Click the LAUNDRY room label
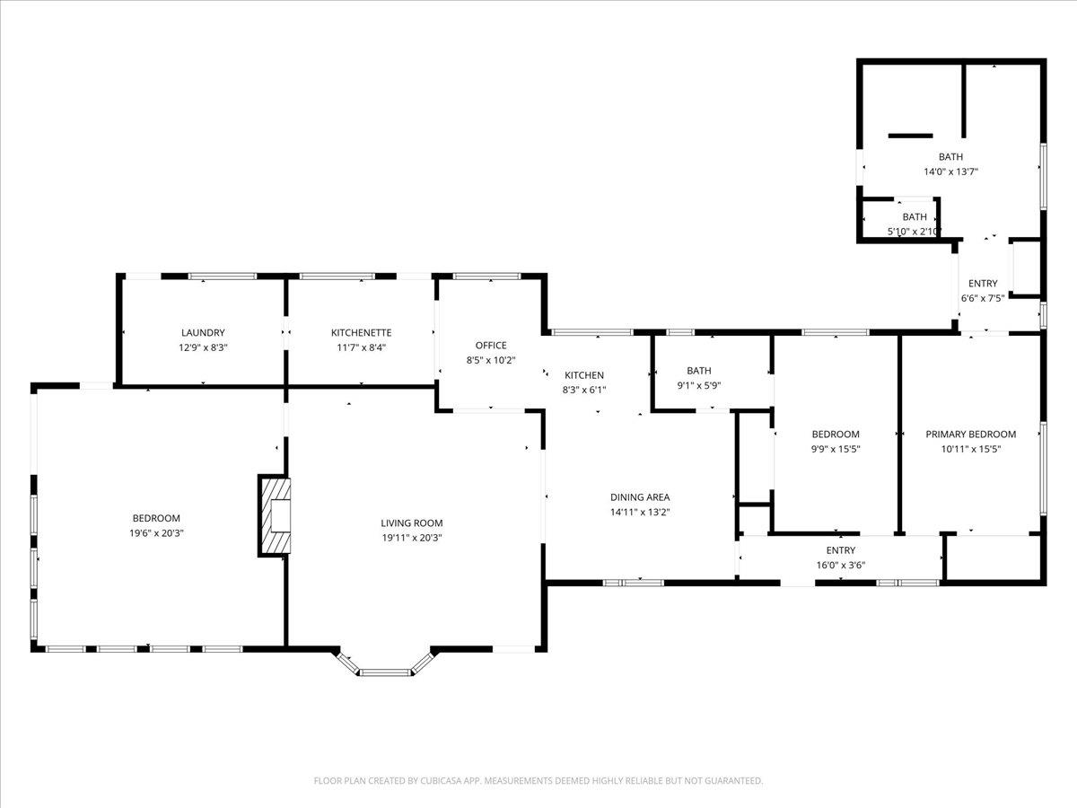point(203,332)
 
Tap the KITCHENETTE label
point(361,332)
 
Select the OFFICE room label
point(491,346)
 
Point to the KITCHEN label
point(584,375)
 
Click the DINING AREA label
point(640,497)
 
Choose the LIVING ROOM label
point(412,523)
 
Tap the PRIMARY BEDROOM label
point(970,435)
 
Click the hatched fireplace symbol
point(275,515)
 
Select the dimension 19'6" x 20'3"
point(156,533)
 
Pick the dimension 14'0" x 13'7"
point(950,171)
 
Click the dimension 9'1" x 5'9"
point(698,386)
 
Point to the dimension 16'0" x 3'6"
point(840,566)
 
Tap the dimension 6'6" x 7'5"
point(983,298)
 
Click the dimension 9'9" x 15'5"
point(836,449)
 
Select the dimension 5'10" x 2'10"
point(915,232)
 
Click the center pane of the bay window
point(385,672)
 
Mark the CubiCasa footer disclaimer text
point(538,780)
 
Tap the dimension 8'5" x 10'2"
point(491,360)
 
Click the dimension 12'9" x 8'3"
point(203,347)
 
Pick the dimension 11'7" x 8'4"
point(361,347)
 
